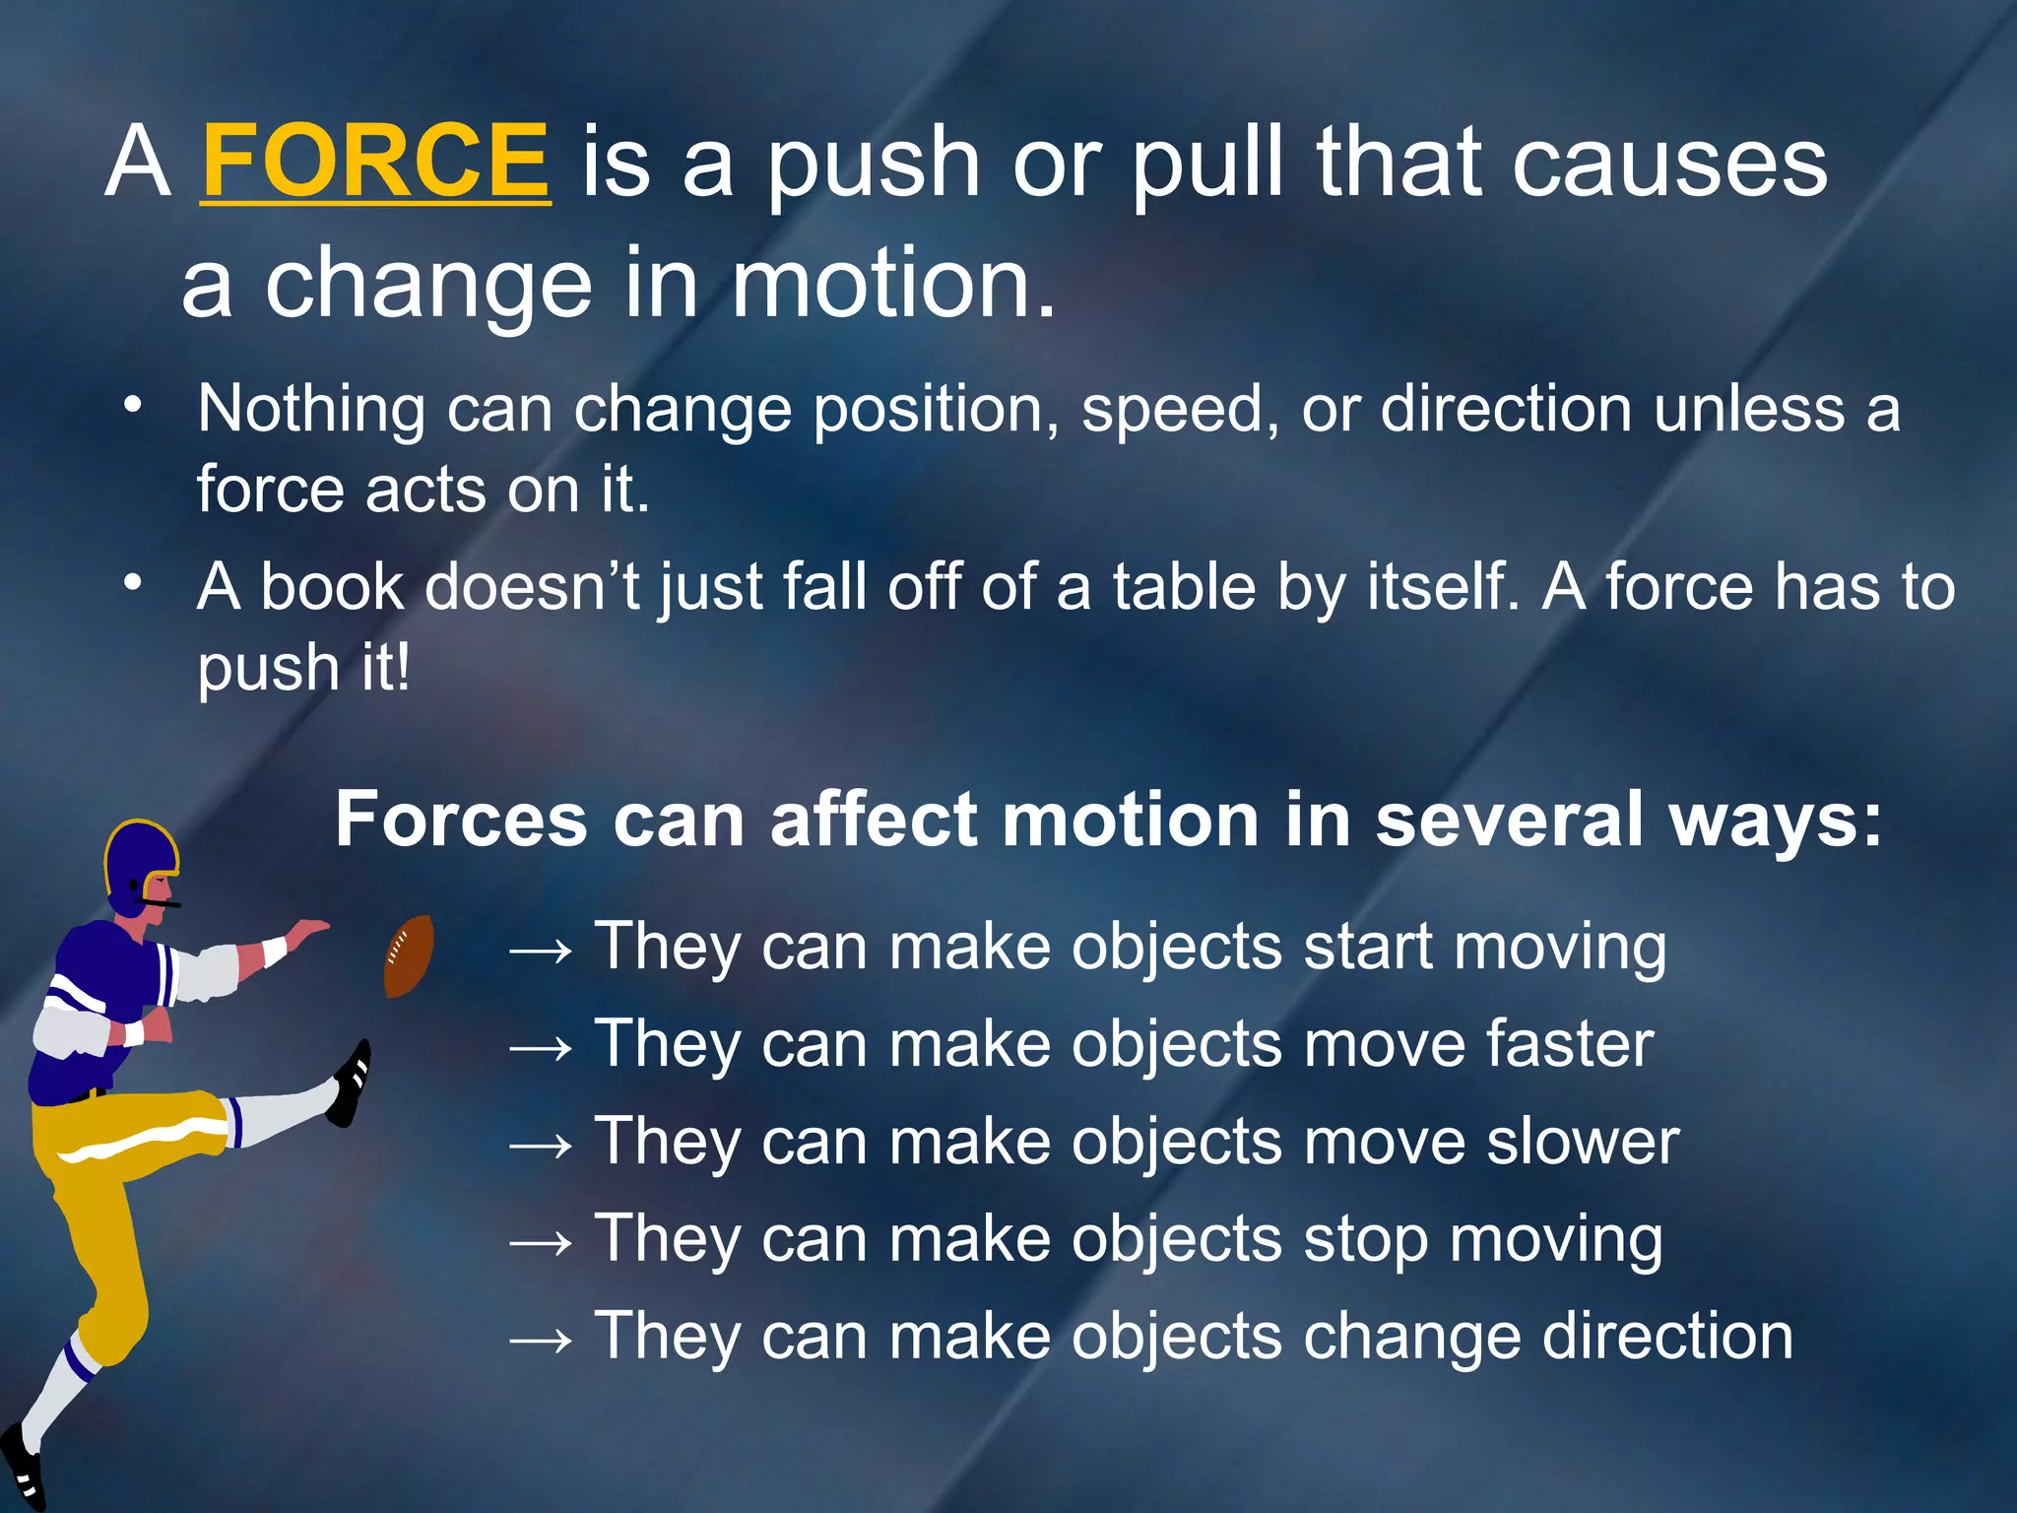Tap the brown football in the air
tap(408, 955)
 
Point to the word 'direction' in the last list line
tap(1667, 1336)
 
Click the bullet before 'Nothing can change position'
tap(133, 406)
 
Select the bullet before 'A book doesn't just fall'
tap(133, 583)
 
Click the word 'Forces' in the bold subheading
tap(462, 820)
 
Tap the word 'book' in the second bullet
tap(332, 587)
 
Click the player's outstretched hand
tap(307, 931)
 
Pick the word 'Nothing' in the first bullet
tap(311, 410)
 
